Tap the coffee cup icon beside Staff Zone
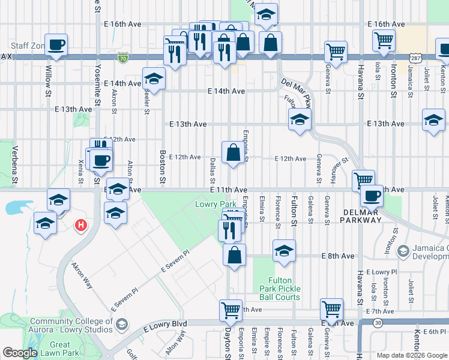click(x=56, y=44)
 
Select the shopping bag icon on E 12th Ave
click(x=232, y=152)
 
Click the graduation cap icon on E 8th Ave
click(x=284, y=250)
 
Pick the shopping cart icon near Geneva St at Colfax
click(x=336, y=51)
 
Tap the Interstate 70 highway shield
click(x=123, y=58)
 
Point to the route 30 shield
click(x=377, y=323)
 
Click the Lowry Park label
click(x=211, y=205)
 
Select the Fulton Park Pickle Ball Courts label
click(x=280, y=289)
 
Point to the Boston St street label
click(x=162, y=166)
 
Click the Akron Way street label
click(x=82, y=275)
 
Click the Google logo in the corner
click(x=20, y=353)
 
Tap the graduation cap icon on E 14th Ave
click(x=154, y=79)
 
